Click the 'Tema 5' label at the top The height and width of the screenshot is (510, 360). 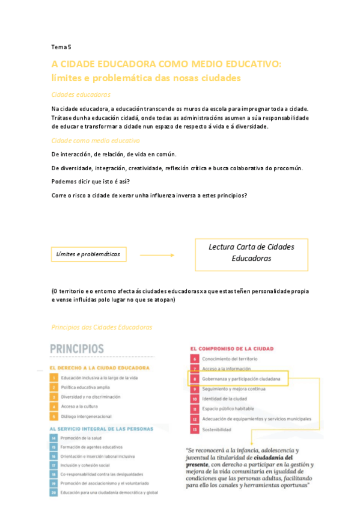(x=61, y=47)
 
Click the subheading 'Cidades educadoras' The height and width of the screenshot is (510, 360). (x=81, y=94)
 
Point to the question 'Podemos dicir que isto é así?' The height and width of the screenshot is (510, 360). (x=94, y=181)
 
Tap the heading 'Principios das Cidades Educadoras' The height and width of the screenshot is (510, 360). (x=102, y=327)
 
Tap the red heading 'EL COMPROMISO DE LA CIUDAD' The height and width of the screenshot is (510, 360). (x=232, y=348)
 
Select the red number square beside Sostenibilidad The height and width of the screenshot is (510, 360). (x=195, y=429)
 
